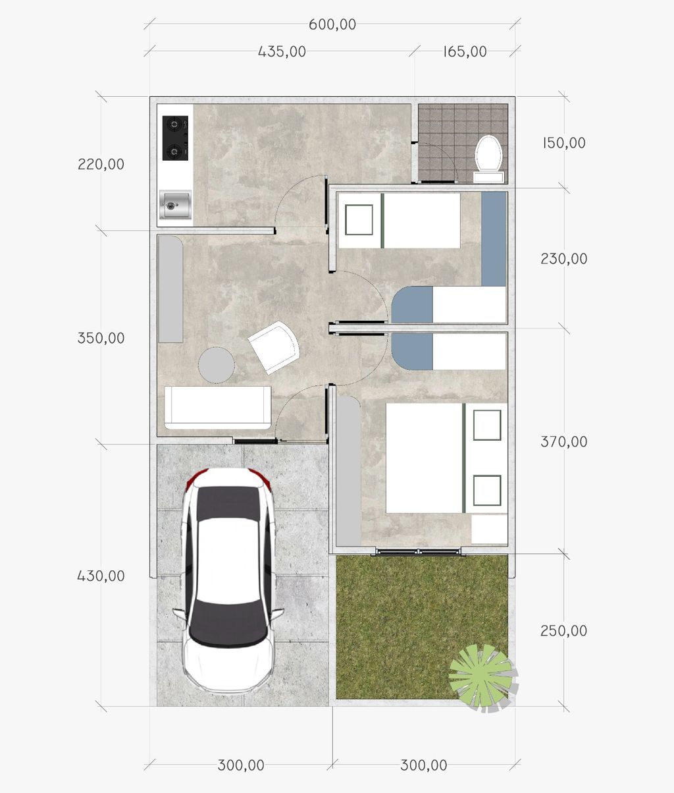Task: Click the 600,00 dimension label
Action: coord(332,24)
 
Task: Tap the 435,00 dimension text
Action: coord(282,51)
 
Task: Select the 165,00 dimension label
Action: coord(465,51)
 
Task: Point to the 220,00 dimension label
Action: coord(101,164)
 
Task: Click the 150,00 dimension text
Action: coord(563,143)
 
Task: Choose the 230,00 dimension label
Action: coord(563,259)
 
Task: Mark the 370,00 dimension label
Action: coord(563,442)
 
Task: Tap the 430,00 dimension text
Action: coord(101,576)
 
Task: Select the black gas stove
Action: coord(175,138)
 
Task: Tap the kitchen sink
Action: coord(176,204)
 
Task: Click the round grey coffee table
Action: coord(217,365)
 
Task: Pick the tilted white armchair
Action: coord(274,348)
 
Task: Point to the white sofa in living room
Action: coord(218,408)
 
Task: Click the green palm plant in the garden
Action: coord(483,678)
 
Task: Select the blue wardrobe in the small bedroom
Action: coord(494,238)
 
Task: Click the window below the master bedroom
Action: coord(418,552)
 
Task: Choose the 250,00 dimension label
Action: coord(563,631)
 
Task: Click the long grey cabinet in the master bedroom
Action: coord(348,471)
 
